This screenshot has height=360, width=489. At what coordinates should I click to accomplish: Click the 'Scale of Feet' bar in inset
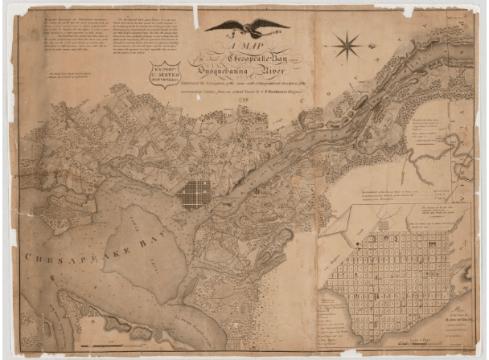pyautogui.click(x=434, y=342)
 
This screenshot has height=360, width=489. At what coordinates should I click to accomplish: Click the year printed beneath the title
pyautogui.click(x=240, y=100)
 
